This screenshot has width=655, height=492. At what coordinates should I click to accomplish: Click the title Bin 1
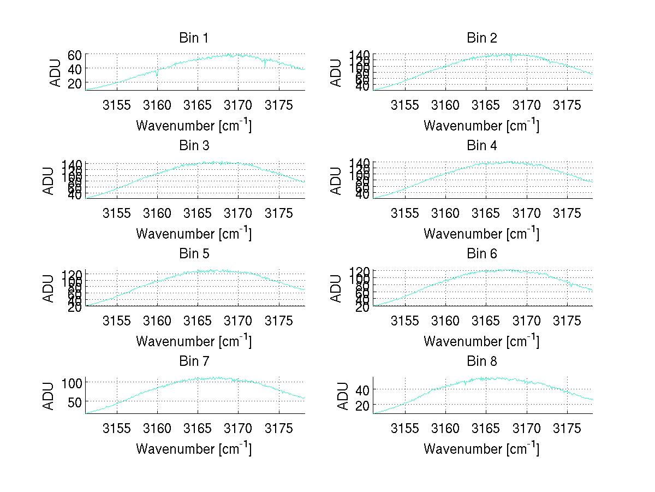point(194,38)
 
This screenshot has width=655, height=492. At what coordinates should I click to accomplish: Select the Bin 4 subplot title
point(481,146)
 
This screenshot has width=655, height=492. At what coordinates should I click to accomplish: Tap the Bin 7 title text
point(194,361)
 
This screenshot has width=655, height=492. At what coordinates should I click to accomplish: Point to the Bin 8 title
point(481,361)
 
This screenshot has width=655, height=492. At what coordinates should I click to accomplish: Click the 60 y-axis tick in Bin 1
point(75,55)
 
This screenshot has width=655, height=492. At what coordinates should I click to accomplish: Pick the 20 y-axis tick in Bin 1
point(75,83)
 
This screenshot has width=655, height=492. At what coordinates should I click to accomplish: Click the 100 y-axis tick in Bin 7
point(72,382)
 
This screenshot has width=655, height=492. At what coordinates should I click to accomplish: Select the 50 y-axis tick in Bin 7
point(75,401)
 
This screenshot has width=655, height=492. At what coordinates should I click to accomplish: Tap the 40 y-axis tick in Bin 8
point(362,389)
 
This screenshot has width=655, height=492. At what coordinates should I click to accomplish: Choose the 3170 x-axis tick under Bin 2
point(527,105)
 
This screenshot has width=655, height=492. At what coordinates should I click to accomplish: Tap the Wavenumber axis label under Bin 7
point(194,448)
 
